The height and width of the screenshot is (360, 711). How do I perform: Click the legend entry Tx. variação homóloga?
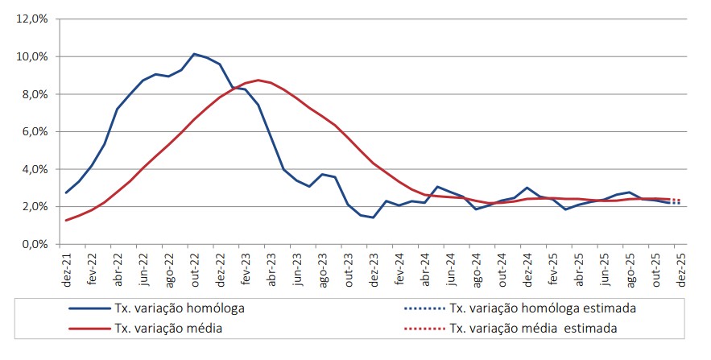pos(180,308)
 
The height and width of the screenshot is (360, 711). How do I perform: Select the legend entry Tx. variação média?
pos(168,328)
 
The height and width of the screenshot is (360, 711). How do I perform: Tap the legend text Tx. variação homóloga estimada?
pos(543,308)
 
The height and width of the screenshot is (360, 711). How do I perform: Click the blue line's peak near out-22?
pos(194,54)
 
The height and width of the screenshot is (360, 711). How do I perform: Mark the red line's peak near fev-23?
pos(258,80)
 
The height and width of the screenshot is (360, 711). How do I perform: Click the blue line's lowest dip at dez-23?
pos(374,217)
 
